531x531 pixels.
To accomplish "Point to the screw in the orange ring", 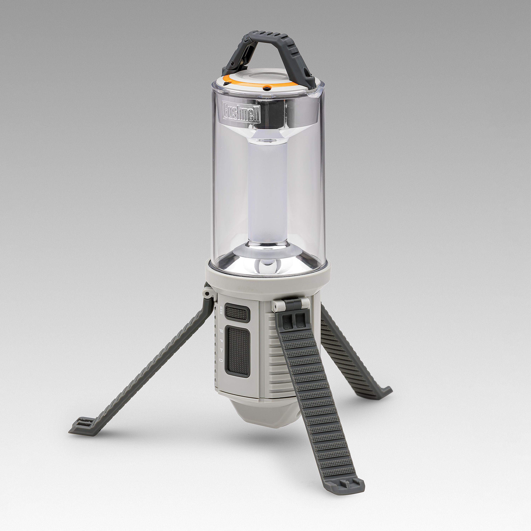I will (x=266, y=88).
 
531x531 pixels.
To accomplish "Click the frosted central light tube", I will (x=267, y=192).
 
